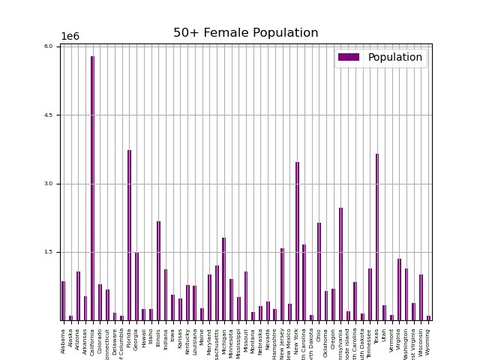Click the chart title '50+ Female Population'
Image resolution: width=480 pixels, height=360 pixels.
[245, 33]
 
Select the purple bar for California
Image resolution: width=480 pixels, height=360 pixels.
[93, 187]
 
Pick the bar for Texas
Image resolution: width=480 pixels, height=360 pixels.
[377, 237]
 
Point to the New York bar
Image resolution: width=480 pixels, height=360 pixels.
[297, 241]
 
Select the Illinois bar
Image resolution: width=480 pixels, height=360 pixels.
[158, 271]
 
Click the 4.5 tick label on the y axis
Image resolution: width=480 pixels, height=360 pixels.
[48, 115]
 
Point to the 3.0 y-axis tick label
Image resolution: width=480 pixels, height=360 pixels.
[48, 184]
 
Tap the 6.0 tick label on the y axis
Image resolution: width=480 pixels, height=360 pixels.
[48, 46]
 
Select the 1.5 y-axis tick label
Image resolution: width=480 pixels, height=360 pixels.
[48, 252]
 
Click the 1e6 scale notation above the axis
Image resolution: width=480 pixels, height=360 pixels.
[70, 37]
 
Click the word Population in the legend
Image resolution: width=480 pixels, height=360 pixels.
[394, 57]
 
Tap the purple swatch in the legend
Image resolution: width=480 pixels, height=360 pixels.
[349, 57]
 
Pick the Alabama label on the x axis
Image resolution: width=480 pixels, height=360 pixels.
[64, 338]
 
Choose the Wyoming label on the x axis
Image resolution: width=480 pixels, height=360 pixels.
[428, 338]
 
